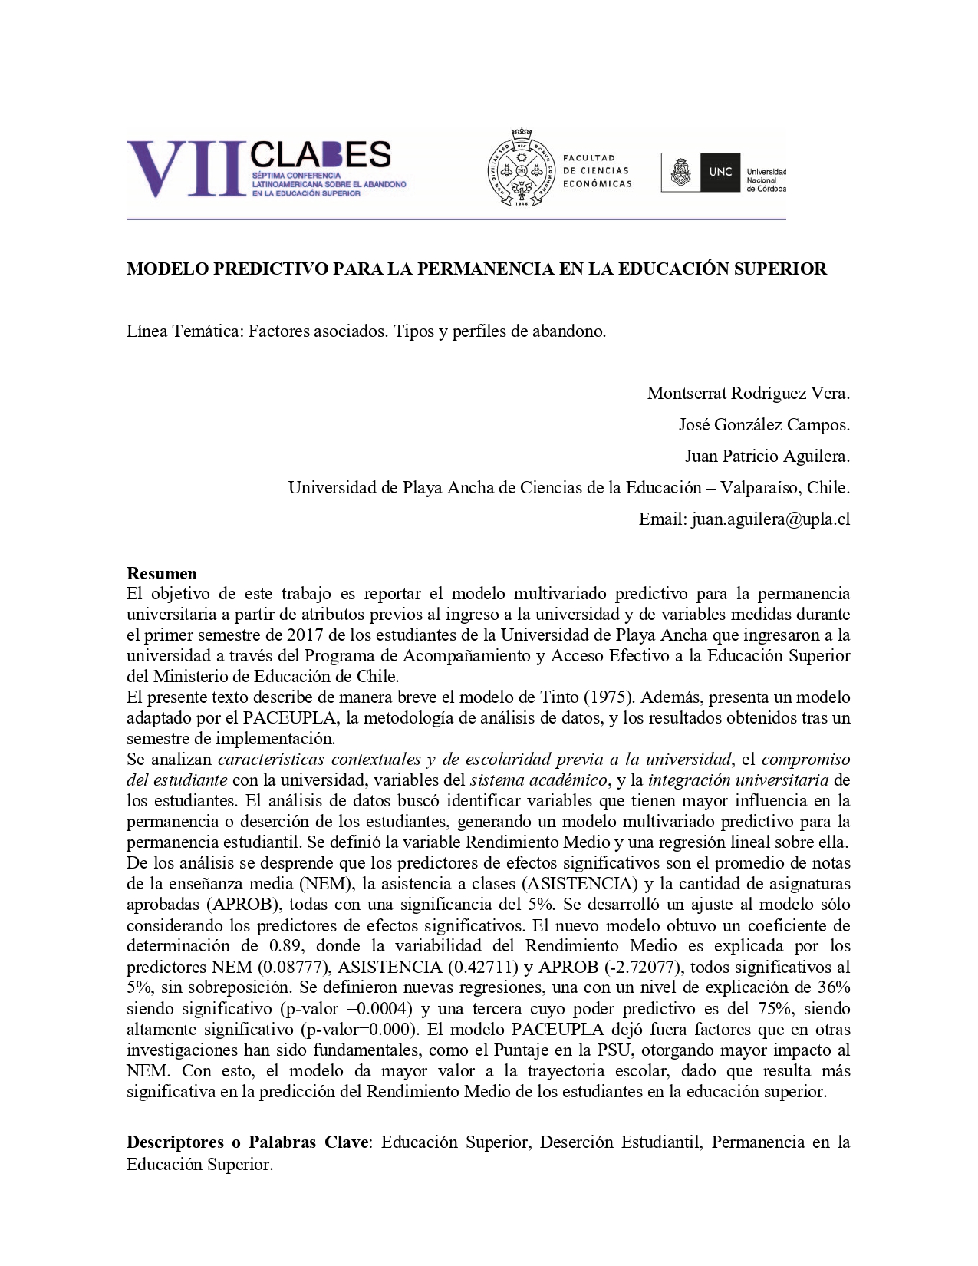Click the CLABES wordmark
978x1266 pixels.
point(321,155)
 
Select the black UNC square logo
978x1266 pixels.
point(720,172)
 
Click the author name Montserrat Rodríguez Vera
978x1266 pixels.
point(748,394)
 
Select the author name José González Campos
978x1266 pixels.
point(763,425)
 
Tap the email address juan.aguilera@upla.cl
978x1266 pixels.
point(770,519)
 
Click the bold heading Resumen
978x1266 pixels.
point(162,573)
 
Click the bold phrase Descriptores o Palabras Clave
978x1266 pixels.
point(248,1142)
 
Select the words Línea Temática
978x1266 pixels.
point(183,331)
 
